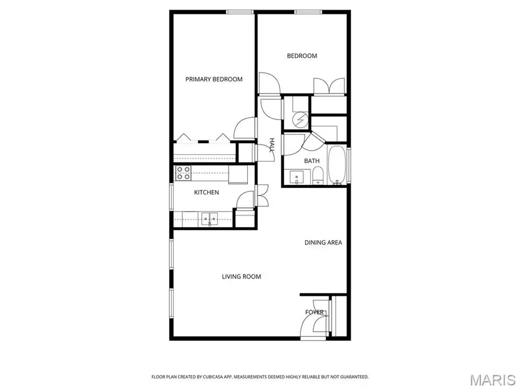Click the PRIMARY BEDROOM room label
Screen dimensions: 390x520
214,79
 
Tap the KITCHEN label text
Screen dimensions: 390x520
206,192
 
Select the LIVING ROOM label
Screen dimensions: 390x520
242,277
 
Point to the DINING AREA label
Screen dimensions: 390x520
323,243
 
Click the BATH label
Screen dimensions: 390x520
312,161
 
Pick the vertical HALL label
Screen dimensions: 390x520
272,146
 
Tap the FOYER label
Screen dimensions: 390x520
315,313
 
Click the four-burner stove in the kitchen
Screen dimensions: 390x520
184,172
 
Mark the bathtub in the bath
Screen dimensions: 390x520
337,165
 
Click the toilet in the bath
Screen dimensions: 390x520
317,175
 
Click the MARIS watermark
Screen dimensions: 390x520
492,380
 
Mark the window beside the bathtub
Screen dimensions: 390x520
350,165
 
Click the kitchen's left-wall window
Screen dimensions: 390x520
171,198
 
